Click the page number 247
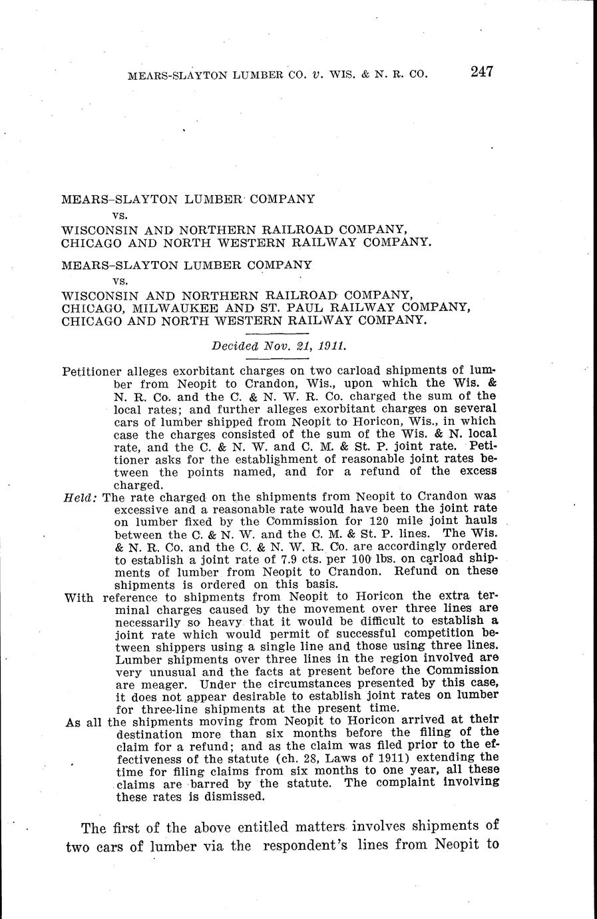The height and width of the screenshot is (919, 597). (481, 72)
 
